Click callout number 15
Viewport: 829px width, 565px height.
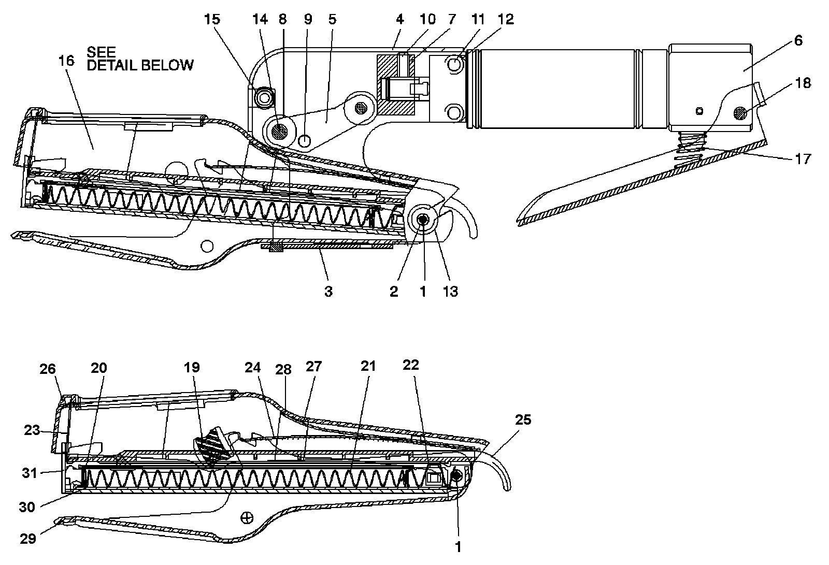[212, 20]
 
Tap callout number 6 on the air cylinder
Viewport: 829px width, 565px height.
[797, 40]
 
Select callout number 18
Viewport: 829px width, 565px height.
[803, 83]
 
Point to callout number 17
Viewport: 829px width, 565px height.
[802, 158]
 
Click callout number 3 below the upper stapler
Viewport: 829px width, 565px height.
[328, 291]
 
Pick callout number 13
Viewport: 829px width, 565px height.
[450, 291]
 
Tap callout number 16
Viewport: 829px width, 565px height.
[67, 61]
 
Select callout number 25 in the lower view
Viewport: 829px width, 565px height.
[523, 419]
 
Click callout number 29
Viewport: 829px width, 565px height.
[28, 539]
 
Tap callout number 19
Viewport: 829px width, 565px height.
[191, 368]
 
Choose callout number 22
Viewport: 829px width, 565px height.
[410, 365]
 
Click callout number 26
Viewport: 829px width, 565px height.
[48, 369]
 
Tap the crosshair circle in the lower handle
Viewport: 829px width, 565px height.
[247, 517]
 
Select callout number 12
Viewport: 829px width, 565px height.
[506, 20]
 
